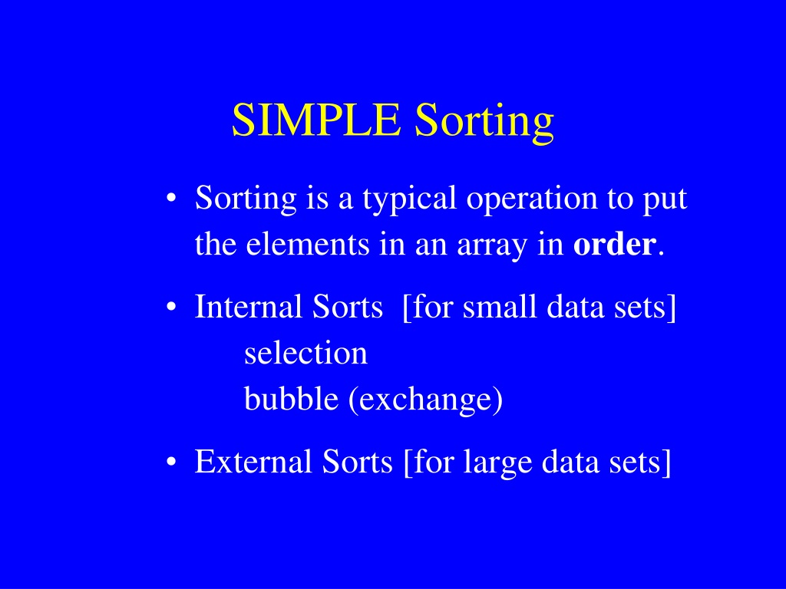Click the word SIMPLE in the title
tap(316, 120)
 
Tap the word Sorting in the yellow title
tap(484, 123)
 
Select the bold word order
tap(615, 244)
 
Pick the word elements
tap(307, 245)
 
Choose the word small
tap(499, 306)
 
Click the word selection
tap(305, 353)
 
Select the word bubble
tap(291, 399)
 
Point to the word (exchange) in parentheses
tap(425, 400)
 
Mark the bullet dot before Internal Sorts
tap(171, 307)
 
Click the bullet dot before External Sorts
tap(171, 462)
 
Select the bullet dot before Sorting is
tap(171, 199)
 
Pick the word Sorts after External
tap(357, 461)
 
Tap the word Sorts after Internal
tap(348, 306)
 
